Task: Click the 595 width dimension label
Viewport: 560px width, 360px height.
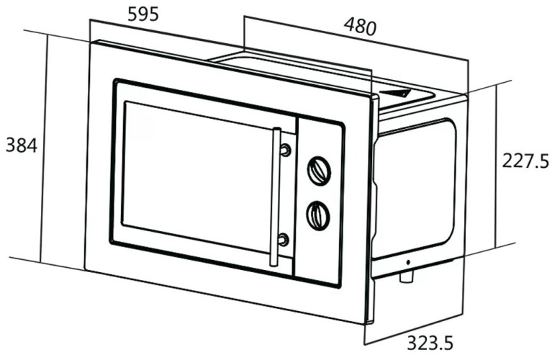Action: (143, 13)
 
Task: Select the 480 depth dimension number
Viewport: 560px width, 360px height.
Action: (359, 27)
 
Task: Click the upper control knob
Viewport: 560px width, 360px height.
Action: (319, 170)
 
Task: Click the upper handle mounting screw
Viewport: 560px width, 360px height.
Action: (285, 150)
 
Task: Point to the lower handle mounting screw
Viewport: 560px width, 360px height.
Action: (284, 239)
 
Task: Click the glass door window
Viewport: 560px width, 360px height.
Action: (194, 176)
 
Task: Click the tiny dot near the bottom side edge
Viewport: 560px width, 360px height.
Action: (407, 261)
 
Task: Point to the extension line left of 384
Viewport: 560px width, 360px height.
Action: (45, 148)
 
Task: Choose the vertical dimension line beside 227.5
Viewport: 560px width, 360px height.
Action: (497, 166)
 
